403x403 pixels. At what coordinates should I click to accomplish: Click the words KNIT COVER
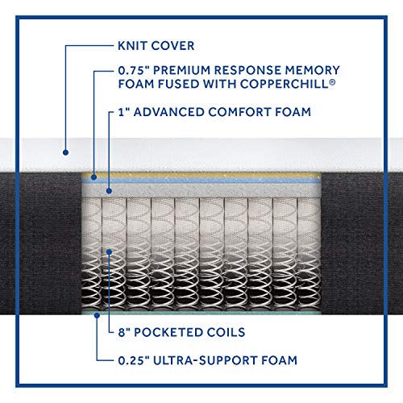[156, 46]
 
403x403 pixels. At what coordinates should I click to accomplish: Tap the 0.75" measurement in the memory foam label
[134, 70]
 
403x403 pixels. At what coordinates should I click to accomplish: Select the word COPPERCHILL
[285, 84]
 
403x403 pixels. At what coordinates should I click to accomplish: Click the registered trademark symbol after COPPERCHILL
[332, 81]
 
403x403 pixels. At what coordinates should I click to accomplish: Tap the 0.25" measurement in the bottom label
[134, 360]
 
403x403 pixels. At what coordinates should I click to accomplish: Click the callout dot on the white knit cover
[65, 152]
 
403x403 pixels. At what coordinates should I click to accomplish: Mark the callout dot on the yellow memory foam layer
[93, 177]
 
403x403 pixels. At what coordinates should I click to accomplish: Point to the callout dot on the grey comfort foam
[109, 191]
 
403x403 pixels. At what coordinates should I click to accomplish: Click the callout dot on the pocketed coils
[109, 252]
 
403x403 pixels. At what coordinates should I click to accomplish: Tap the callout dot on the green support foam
[98, 315]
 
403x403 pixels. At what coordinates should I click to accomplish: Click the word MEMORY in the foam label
[313, 70]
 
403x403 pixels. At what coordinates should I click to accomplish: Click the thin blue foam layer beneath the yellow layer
[201, 181]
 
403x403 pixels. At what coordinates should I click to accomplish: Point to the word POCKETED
[164, 332]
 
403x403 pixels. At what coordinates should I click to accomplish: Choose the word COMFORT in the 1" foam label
[239, 112]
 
